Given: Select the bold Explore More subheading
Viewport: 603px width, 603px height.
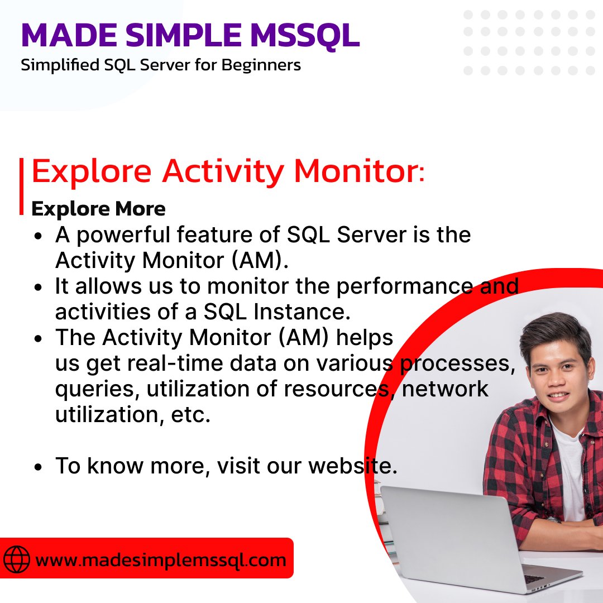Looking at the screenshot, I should click(x=98, y=209).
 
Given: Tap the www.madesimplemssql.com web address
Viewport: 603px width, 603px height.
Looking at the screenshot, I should click(x=161, y=559).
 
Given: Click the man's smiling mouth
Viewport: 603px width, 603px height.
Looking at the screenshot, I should click(x=549, y=394).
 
